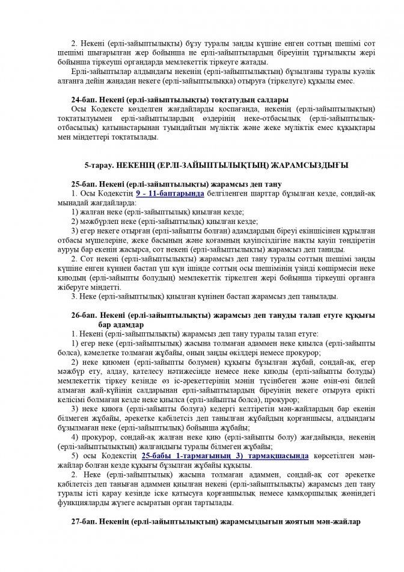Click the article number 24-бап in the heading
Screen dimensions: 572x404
83,99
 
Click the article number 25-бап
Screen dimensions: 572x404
83,183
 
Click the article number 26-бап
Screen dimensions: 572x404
83,315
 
